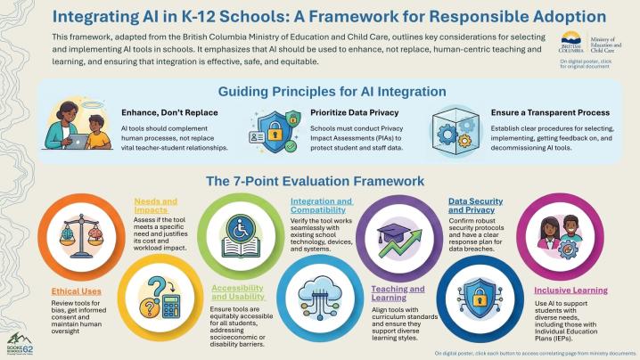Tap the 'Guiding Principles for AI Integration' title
318,92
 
